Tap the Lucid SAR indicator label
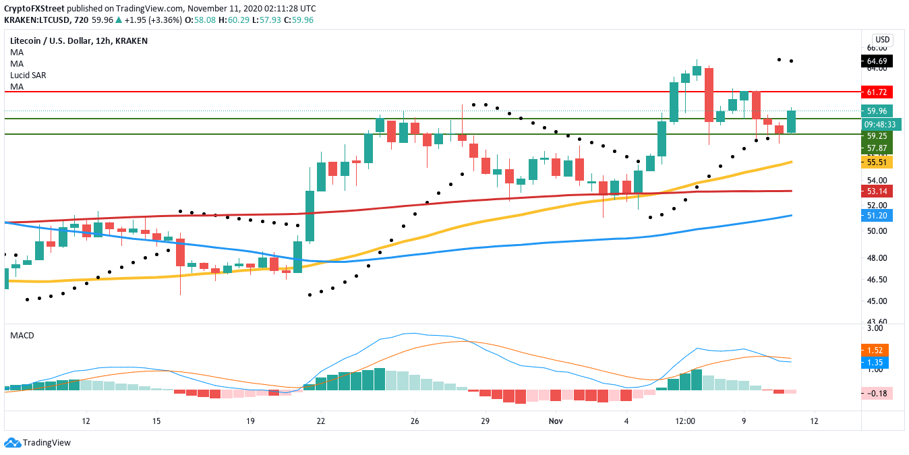(x=28, y=75)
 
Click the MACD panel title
(x=22, y=335)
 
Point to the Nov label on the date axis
(x=556, y=421)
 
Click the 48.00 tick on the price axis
(x=877, y=258)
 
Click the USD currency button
(x=882, y=39)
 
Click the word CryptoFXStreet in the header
(x=34, y=8)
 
